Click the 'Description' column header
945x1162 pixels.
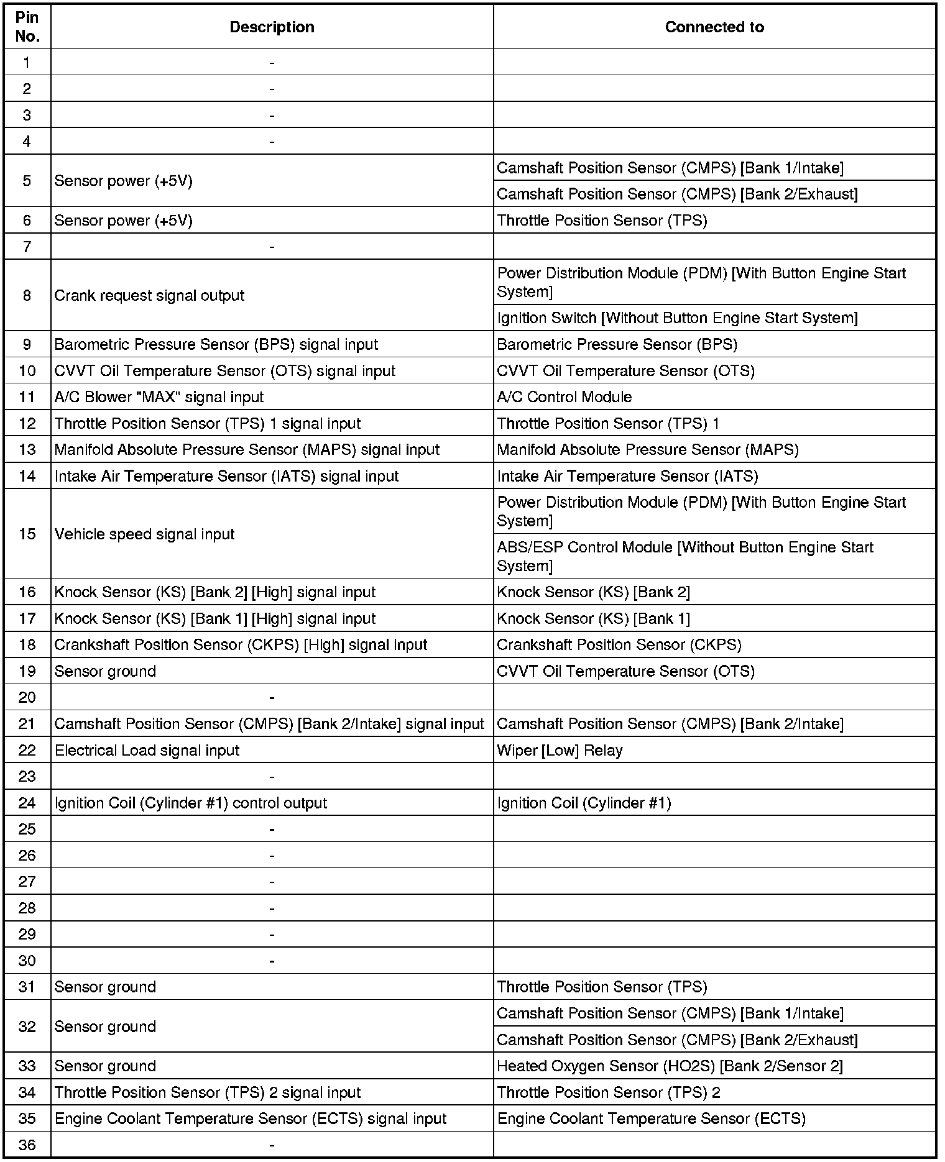[272, 27]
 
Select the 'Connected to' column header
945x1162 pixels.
[714, 27]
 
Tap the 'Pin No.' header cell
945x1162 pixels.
[27, 27]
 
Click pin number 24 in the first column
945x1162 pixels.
[27, 803]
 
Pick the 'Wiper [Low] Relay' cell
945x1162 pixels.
[560, 751]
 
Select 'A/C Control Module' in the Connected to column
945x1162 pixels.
[564, 397]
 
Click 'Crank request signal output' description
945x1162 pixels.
[149, 296]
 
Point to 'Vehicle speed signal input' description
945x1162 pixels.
[144, 534]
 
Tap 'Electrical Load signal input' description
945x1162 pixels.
[147, 751]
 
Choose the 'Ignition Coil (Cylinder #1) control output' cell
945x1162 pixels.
[190, 803]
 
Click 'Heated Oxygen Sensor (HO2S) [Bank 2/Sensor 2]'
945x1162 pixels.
[670, 1066]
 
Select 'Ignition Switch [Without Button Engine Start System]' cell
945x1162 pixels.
[677, 318]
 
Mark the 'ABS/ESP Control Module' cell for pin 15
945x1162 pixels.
[685, 556]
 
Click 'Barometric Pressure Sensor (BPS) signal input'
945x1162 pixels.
[216, 345]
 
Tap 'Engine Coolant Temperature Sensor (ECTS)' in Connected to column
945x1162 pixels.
[651, 1119]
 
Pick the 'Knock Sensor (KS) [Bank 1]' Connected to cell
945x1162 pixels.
[593, 619]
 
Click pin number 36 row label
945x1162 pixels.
[27, 1145]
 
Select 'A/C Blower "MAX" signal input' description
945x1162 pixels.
[159, 397]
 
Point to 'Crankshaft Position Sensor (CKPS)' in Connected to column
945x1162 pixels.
[619, 645]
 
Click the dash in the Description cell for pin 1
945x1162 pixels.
[272, 63]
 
